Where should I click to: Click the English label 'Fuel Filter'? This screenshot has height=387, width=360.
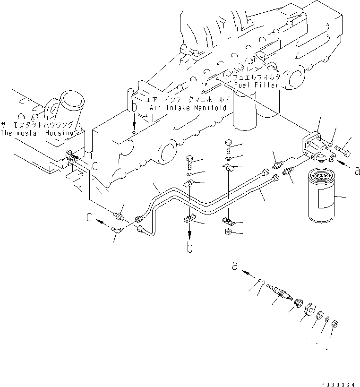point(257,86)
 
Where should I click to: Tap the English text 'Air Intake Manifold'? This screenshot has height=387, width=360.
point(188,108)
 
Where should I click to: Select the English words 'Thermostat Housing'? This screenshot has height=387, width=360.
point(37,133)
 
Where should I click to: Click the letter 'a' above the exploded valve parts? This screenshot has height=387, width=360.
point(235,267)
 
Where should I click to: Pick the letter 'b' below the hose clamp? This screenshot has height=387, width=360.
point(189,248)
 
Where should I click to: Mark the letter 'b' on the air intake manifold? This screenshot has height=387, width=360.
point(135,108)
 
